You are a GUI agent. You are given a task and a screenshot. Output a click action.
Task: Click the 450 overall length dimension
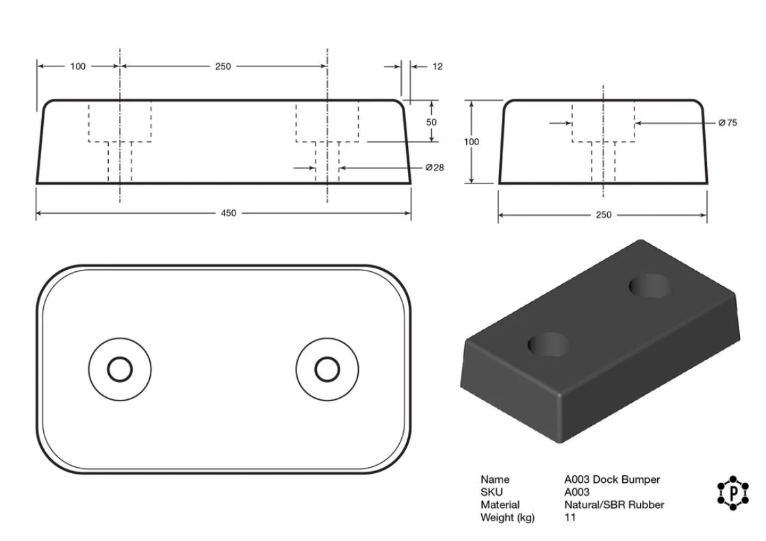(x=228, y=213)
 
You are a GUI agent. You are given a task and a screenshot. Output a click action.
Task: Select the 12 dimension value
(x=437, y=66)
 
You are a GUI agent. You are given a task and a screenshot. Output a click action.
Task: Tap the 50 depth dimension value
(x=431, y=122)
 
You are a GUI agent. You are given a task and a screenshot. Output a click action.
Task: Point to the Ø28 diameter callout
(x=435, y=168)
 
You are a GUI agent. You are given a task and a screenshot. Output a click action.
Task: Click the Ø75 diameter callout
(x=728, y=123)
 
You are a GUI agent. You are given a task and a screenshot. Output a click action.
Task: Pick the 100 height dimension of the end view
(x=472, y=142)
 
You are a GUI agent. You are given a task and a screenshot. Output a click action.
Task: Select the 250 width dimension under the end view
(x=603, y=214)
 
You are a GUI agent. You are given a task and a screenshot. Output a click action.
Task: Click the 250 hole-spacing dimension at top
(x=222, y=66)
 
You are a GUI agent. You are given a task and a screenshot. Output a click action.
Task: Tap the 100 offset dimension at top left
(x=77, y=66)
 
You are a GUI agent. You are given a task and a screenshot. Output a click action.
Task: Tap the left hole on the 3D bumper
(x=548, y=344)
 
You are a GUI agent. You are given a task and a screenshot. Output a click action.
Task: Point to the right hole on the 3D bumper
(x=649, y=286)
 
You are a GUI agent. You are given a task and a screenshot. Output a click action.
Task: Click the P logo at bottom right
(x=732, y=493)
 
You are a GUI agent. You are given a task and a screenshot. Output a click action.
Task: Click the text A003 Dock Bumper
(x=612, y=479)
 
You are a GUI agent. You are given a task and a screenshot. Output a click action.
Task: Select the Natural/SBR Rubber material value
(x=614, y=505)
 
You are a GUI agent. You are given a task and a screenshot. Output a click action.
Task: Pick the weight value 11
(x=570, y=518)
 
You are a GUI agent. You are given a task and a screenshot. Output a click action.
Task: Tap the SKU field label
(x=491, y=492)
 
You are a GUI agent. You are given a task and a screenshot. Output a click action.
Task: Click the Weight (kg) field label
(x=507, y=518)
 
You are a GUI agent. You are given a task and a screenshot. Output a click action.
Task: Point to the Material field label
(x=500, y=505)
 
